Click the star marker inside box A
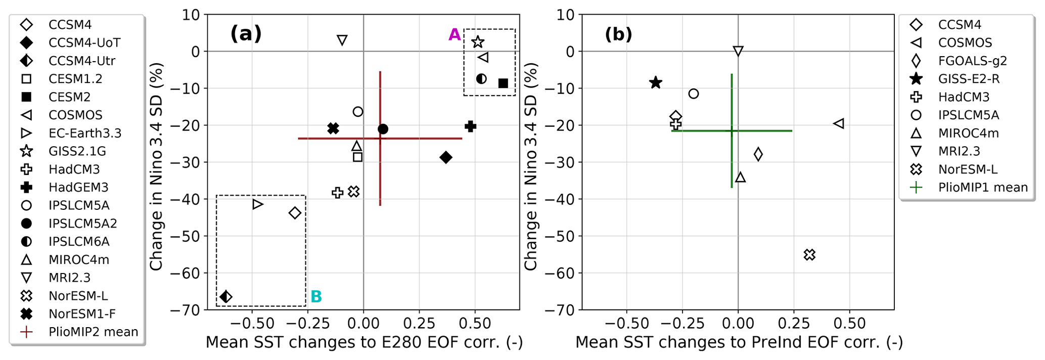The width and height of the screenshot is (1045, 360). point(478,42)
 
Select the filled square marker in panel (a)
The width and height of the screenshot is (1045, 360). point(503,83)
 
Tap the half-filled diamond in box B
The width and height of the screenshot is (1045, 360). point(226,296)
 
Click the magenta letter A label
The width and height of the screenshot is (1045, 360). point(455,35)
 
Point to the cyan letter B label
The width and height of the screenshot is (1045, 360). point(316,296)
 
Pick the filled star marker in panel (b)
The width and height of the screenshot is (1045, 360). point(656,82)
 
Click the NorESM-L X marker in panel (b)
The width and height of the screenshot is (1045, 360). point(809,255)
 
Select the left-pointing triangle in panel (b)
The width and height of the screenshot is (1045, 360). point(838,123)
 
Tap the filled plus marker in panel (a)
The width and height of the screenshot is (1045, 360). point(471,126)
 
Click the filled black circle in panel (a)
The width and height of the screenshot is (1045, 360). point(383,129)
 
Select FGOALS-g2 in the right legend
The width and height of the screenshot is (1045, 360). point(972,61)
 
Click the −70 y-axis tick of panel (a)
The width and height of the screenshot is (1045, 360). point(186,309)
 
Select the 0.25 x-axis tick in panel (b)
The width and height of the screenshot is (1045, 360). point(794,323)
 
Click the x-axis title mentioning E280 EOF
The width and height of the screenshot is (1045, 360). point(364,342)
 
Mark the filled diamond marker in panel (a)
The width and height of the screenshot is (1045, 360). point(445,157)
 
